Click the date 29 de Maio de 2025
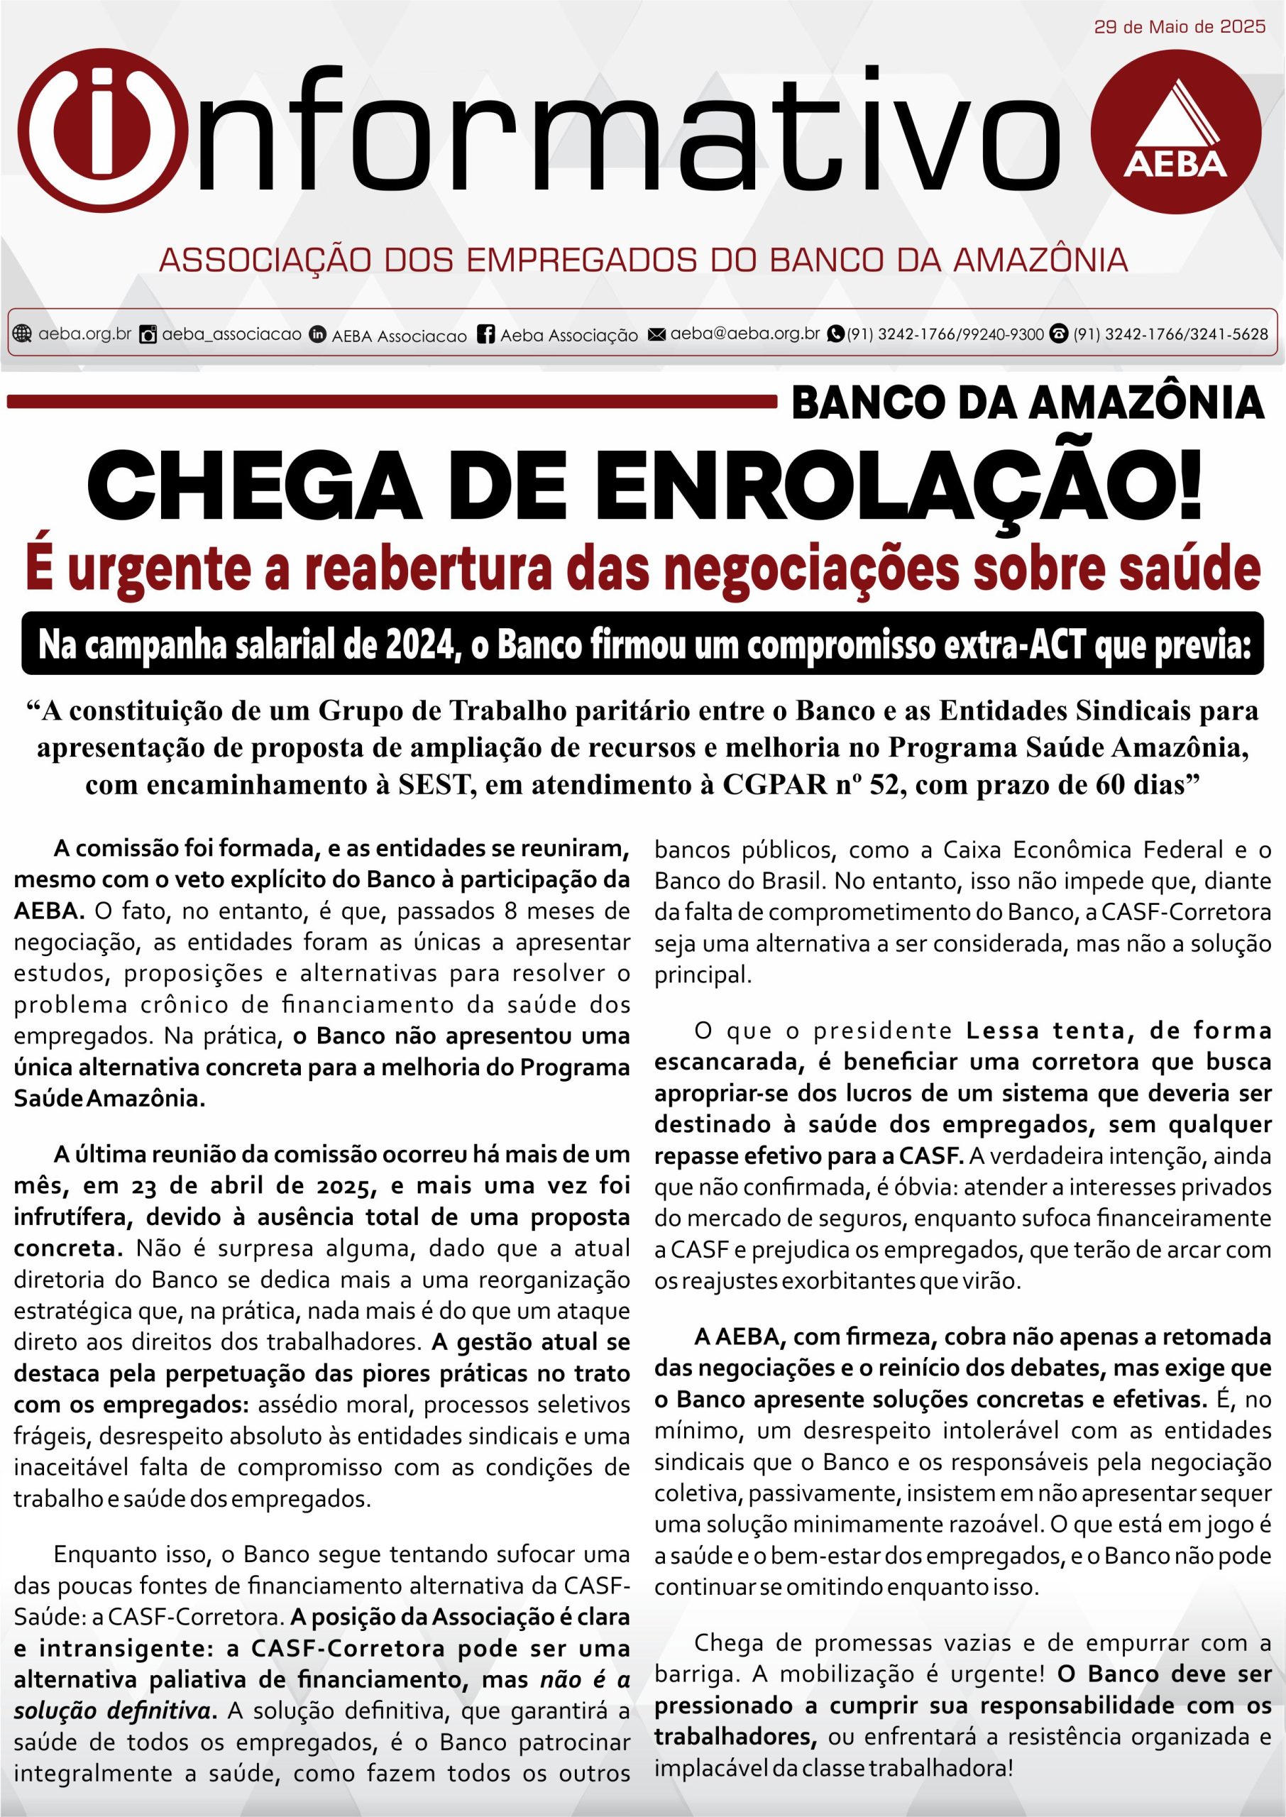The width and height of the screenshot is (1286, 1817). (1179, 27)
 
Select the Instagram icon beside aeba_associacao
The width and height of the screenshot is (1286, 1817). (148, 334)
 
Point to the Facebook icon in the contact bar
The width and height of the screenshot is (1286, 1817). (486, 334)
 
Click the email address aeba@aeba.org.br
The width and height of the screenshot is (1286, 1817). (744, 334)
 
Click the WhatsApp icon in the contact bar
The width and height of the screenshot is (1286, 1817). (835, 334)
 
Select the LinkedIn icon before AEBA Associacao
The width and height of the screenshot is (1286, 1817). (317, 334)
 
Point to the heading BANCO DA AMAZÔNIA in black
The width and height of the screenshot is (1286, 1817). (1027, 402)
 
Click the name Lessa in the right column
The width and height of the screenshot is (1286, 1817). (1001, 1031)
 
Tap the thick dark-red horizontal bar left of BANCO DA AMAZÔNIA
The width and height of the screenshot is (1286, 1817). (392, 402)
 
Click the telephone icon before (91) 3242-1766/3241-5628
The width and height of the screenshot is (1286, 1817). (1059, 334)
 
